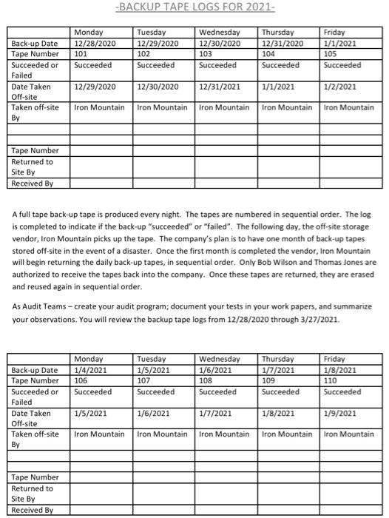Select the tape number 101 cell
click(82, 54)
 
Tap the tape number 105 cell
click(332, 54)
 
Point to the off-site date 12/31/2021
click(220, 87)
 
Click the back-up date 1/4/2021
click(89, 371)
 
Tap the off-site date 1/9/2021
click(340, 414)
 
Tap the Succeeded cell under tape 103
click(218, 65)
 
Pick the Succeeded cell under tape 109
click(280, 391)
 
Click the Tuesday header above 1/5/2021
click(152, 360)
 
